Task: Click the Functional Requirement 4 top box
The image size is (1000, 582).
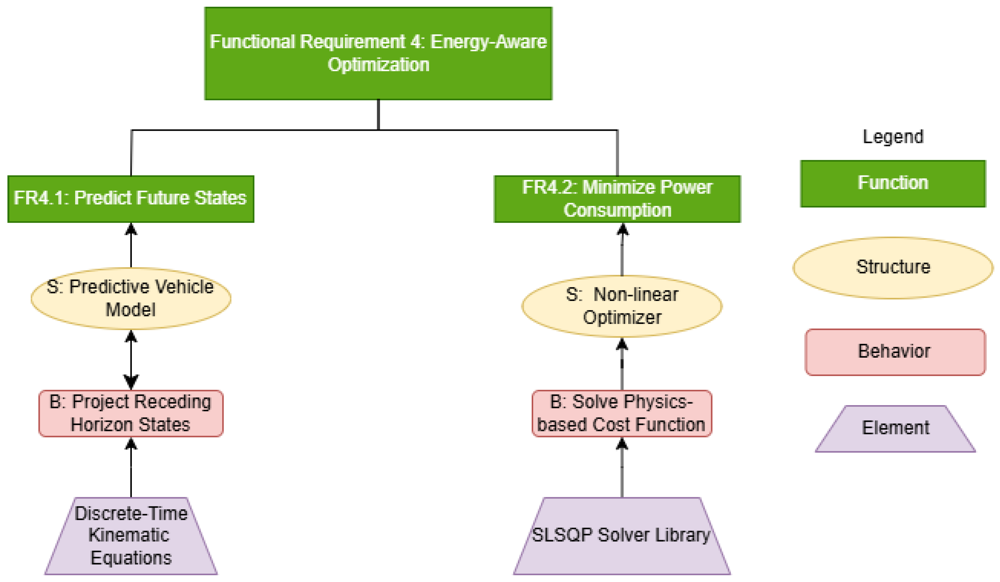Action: click(x=378, y=54)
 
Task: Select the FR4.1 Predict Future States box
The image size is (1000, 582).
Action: click(x=131, y=199)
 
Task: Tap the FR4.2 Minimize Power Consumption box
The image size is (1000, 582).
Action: click(x=617, y=199)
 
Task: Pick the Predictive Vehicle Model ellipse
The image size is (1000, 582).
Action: click(x=131, y=298)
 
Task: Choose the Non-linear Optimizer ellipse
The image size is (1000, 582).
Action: click(x=622, y=306)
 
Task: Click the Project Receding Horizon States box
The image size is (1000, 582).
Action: click(x=131, y=413)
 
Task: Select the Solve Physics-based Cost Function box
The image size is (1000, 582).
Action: click(x=622, y=413)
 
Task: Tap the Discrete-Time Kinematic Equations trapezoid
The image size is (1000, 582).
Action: click(x=131, y=536)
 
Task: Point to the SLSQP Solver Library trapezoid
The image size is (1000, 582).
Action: click(x=622, y=536)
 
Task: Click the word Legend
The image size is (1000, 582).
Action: click(x=893, y=137)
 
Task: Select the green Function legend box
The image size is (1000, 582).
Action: click(x=893, y=184)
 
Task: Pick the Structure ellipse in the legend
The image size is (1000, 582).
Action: click(x=893, y=268)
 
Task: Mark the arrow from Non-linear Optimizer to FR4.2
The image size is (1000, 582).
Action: click(x=622, y=249)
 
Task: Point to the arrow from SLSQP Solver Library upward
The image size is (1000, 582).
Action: click(x=622, y=468)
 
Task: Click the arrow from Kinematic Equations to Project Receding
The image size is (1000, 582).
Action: click(x=131, y=468)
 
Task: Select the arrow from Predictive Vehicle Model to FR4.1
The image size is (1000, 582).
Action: click(x=131, y=245)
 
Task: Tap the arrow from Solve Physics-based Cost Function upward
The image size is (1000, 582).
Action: click(x=622, y=364)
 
